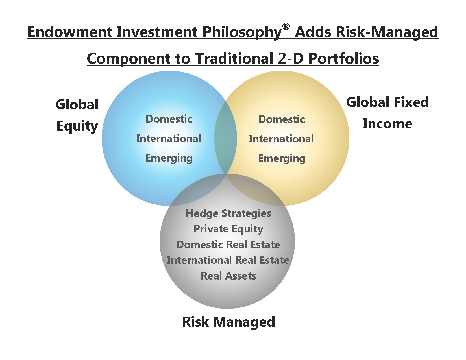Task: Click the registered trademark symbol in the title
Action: coord(286,27)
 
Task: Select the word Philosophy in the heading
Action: coord(242,32)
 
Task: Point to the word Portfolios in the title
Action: coord(343,58)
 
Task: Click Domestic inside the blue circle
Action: coord(169,119)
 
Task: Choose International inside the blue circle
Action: coord(169,139)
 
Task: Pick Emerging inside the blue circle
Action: coord(169,158)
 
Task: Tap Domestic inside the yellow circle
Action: coord(282,119)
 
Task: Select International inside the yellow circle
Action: coord(281,139)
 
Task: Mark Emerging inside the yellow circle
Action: coord(282,158)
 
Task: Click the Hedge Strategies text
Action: coord(228,213)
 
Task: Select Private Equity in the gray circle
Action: coord(228,229)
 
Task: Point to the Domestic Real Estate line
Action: coord(228,245)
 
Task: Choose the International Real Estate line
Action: coord(228,260)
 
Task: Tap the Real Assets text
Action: coord(228,276)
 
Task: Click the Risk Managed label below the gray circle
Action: coord(228,322)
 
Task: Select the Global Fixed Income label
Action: coord(387,113)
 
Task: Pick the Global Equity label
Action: coord(77,116)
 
